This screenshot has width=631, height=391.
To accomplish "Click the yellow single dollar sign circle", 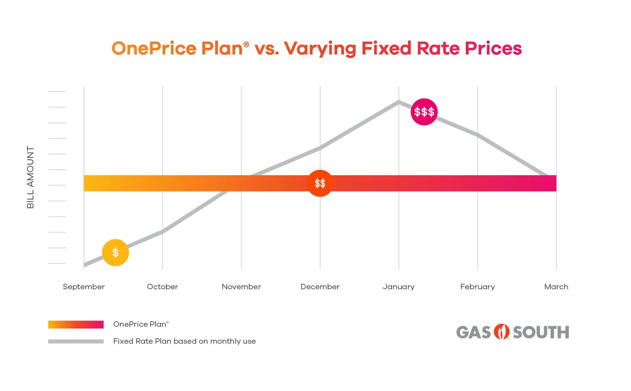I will (115, 253).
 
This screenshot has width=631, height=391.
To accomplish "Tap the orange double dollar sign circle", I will (320, 183).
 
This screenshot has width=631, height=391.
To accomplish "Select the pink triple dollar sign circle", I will (424, 112).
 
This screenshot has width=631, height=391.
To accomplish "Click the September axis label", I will (84, 287).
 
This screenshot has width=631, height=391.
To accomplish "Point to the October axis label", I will (162, 287).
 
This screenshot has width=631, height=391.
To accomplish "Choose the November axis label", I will (241, 287).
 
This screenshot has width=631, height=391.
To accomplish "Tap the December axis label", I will (320, 287).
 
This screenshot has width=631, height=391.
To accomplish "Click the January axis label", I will (398, 287).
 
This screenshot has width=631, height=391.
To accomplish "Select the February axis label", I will (477, 287).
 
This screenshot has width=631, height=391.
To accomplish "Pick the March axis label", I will (556, 287).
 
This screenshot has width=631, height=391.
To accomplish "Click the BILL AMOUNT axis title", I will (30, 177).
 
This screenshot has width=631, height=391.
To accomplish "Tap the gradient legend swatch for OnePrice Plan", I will (76, 324).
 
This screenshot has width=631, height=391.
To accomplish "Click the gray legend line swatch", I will (76, 341).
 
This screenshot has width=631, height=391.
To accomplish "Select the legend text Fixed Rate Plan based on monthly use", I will (184, 341).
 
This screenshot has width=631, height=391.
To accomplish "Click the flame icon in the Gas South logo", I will (501, 332).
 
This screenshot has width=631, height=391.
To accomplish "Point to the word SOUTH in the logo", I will (541, 332).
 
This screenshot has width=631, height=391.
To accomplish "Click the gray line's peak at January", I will (399, 102).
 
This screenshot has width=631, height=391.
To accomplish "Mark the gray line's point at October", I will (162, 231).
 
